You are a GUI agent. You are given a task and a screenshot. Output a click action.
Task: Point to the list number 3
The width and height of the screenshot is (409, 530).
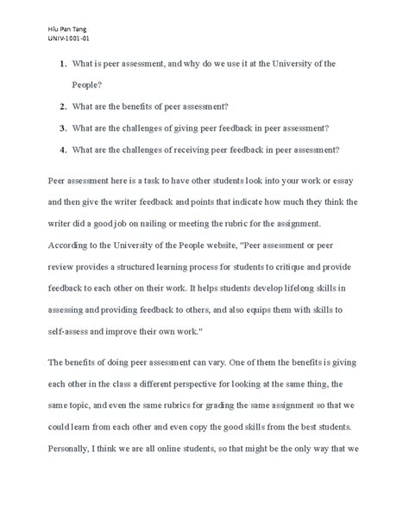pos(64,128)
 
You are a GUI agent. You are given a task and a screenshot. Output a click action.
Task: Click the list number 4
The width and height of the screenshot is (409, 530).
pos(64,149)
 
